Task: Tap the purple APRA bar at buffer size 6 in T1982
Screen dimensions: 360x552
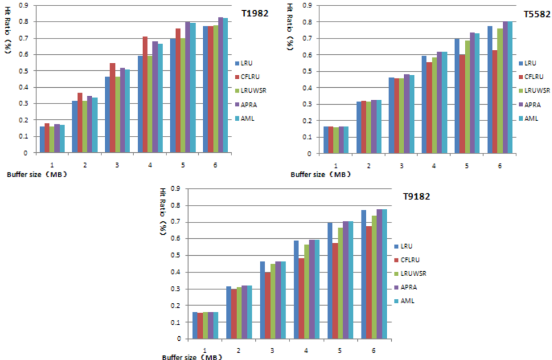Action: point(221,85)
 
